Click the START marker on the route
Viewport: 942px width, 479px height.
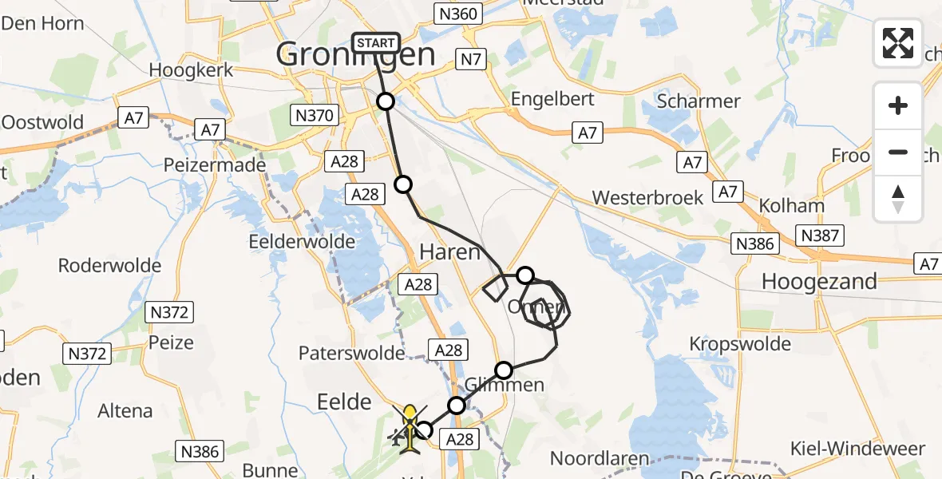tap(375, 43)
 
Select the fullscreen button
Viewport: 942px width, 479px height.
tap(898, 43)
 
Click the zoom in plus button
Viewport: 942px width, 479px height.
tap(898, 105)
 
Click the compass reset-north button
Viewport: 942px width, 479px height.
tap(898, 199)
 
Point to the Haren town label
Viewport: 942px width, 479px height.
tap(450, 252)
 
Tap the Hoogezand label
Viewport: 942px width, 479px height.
tap(820, 281)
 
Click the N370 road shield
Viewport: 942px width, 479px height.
tap(313, 116)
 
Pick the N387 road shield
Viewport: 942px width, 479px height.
tap(820, 236)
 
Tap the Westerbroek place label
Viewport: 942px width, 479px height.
tap(647, 197)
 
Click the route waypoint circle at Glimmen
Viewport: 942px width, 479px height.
tap(504, 370)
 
